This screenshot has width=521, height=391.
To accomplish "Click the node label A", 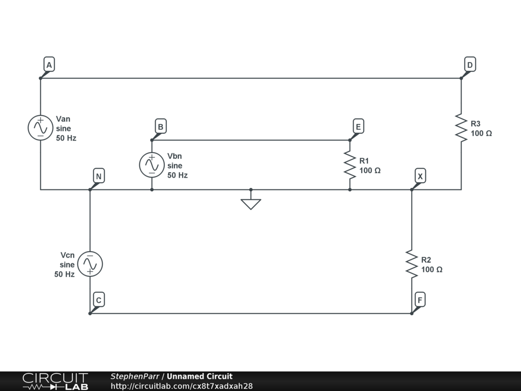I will coord(49,65).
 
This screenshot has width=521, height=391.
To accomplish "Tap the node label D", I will coord(470,65).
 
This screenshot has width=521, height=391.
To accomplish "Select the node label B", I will coord(160,126).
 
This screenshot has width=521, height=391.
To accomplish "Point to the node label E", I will coord(358,126).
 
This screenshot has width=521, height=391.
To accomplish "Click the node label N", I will coord(99,177).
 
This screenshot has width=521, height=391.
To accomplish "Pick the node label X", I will coord(420,177).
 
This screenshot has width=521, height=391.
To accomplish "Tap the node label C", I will coord(99,300).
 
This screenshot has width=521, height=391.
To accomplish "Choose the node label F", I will coord(420,300).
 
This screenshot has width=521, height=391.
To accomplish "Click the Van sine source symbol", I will coord(40,128).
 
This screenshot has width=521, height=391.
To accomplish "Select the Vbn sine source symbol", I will coord(152,165).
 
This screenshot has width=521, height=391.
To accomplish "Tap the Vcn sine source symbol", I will coord(90,264).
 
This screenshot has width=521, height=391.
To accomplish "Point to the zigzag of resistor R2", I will coord(412,264).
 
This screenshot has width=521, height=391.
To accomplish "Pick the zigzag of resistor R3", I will coord(461,128).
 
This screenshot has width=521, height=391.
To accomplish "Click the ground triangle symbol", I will coord(251,204).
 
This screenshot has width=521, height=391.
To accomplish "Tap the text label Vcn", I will coord(67,255).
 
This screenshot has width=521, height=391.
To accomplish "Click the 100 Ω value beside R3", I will coord(481,133).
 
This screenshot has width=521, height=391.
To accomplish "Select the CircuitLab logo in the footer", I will coord(55,381).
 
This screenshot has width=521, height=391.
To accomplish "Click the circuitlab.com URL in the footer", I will coord(182,386).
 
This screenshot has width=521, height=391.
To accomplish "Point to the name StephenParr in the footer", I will coord(135,376).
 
